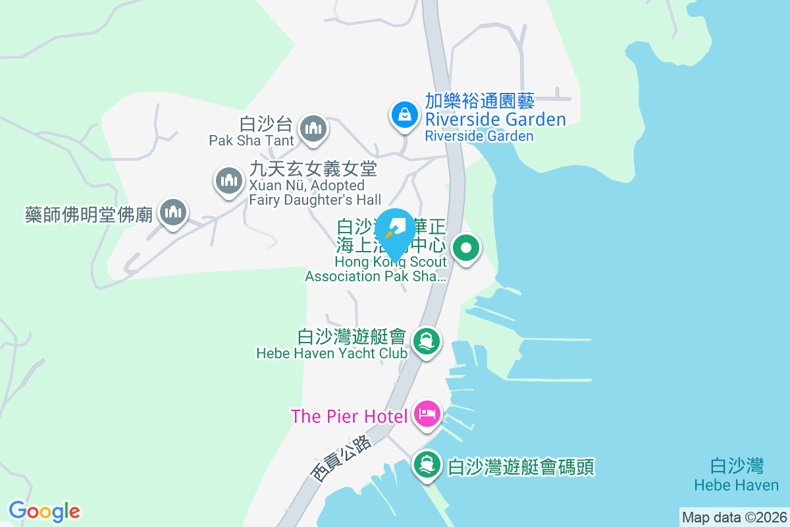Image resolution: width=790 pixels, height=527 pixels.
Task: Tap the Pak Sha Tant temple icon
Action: (x=313, y=128)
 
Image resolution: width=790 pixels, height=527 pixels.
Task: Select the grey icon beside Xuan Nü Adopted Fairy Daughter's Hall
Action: (x=228, y=180)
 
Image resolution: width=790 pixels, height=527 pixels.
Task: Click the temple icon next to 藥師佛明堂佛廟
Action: (x=173, y=213)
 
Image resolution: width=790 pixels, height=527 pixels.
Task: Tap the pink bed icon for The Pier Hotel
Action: (x=427, y=415)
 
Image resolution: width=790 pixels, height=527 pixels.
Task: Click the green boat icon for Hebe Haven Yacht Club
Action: (x=427, y=341)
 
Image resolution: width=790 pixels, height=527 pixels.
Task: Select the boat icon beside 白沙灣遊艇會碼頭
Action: (x=427, y=465)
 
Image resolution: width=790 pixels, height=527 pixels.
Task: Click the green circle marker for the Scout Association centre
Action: (x=467, y=249)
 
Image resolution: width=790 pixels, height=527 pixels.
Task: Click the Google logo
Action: (x=44, y=511)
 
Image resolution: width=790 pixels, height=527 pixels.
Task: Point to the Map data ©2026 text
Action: (x=734, y=517)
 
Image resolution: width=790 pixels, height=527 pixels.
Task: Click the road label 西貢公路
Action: (x=341, y=459)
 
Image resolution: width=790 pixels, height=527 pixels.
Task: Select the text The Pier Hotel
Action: (x=350, y=416)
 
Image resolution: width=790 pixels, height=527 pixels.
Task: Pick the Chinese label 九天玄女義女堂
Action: (x=312, y=169)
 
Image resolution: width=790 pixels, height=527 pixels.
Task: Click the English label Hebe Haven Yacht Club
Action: (x=331, y=353)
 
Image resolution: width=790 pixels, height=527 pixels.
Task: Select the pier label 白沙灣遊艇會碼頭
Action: (x=521, y=467)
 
